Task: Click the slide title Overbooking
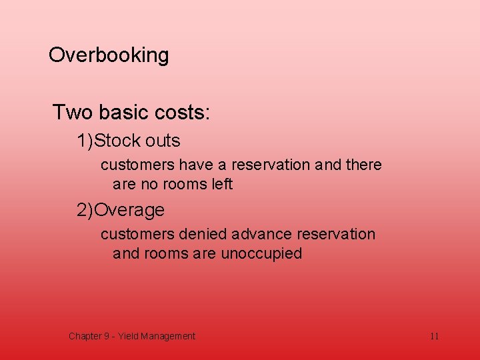click(x=109, y=55)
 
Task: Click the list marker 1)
click(x=85, y=141)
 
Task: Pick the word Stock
click(x=117, y=141)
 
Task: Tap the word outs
click(x=163, y=141)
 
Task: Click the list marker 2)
click(x=85, y=211)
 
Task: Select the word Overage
click(x=129, y=211)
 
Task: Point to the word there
click(x=364, y=165)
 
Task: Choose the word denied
click(x=203, y=235)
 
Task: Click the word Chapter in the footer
click(x=85, y=336)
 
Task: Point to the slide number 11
click(x=434, y=336)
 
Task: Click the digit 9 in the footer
click(x=106, y=336)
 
